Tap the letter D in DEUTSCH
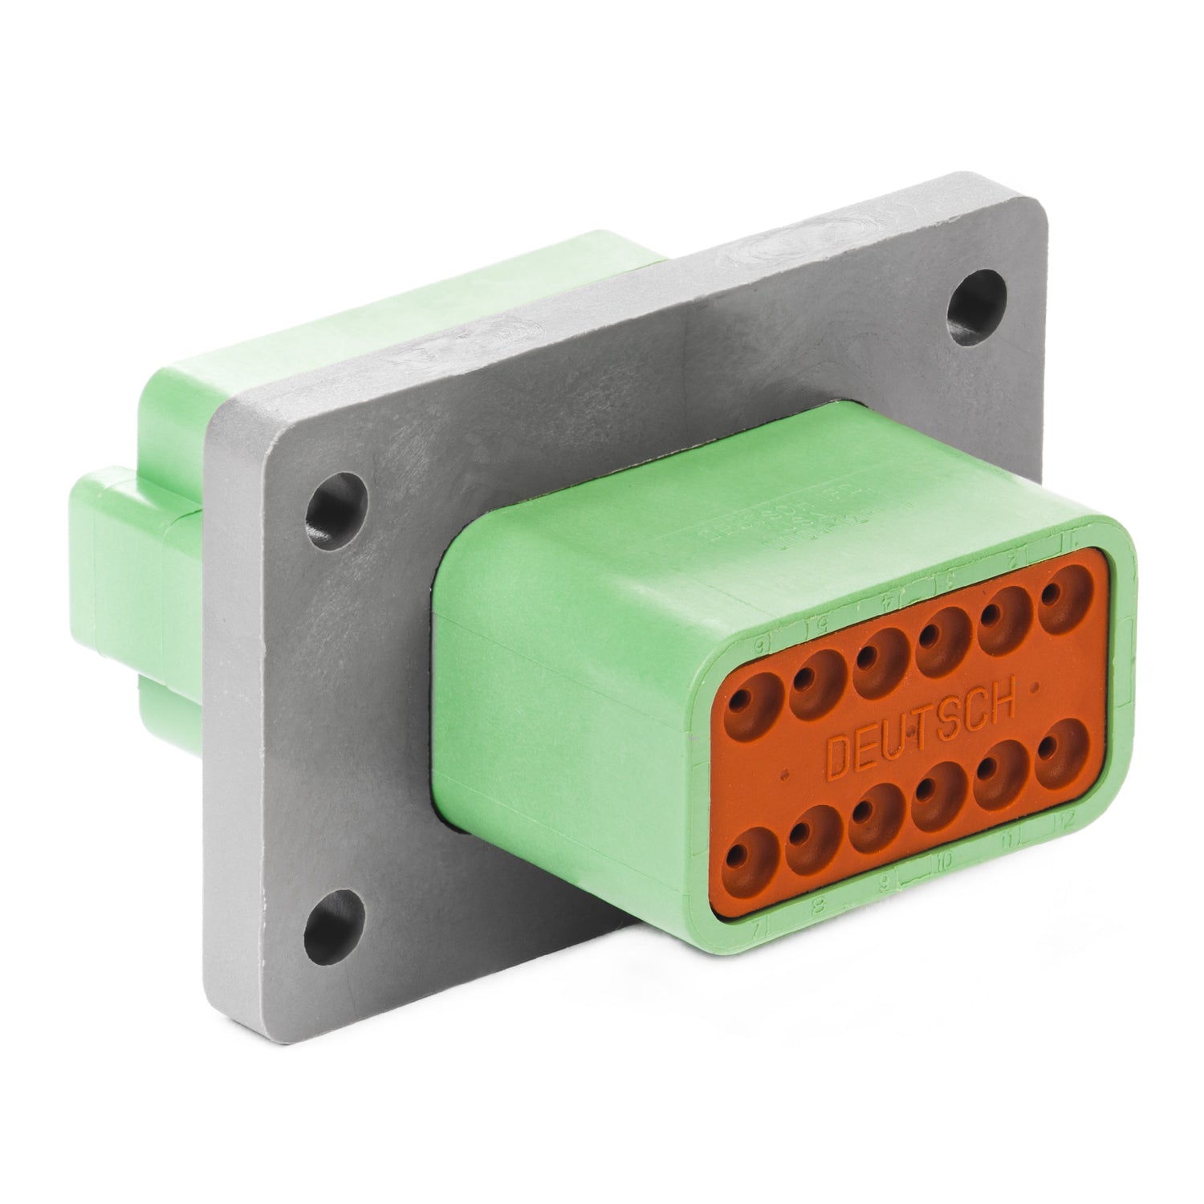coord(840,758)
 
